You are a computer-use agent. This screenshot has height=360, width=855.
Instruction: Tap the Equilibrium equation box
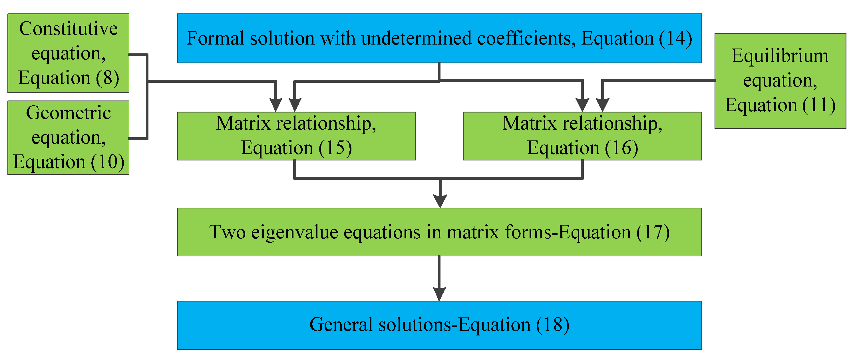point(780,81)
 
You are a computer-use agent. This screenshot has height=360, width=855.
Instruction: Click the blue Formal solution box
point(439,38)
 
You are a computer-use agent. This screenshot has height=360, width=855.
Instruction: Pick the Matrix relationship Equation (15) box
point(296,136)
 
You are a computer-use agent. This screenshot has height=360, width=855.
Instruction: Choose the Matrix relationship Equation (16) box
point(582,136)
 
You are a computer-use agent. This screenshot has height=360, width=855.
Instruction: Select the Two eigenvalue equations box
point(439,232)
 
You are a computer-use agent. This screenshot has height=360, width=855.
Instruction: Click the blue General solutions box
point(439,325)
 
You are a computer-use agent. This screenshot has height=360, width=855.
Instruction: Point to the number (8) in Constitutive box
point(108,78)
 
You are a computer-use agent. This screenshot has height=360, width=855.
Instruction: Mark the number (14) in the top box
point(675,39)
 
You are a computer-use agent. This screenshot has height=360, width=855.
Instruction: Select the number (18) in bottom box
point(553,325)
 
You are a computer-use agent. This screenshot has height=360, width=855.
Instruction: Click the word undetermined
point(416,39)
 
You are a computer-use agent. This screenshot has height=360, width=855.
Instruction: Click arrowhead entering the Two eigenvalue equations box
point(440,201)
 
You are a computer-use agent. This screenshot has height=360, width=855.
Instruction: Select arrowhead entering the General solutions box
point(439,294)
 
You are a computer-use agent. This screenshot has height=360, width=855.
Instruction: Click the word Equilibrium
point(780,56)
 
